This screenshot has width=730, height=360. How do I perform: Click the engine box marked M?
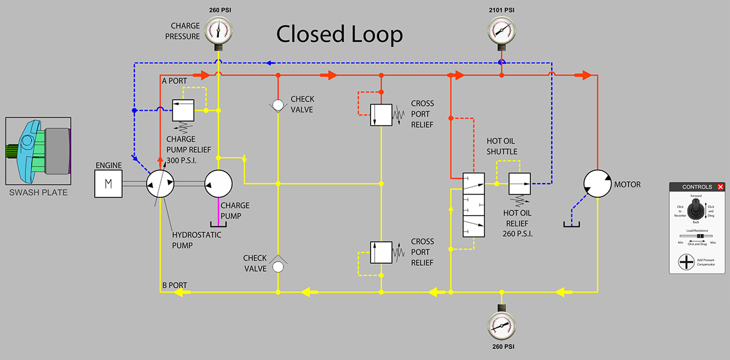tap(108, 184)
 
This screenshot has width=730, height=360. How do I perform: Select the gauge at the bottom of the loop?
tap(502, 327)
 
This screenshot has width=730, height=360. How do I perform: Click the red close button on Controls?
tap(720, 187)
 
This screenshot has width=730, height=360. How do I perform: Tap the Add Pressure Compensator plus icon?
tap(687, 263)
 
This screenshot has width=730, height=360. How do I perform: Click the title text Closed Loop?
tap(339, 35)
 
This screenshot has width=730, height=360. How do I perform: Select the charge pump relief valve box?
tap(183, 110)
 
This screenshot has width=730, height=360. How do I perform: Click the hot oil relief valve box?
tap(520, 184)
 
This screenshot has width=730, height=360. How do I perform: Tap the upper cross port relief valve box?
tap(381, 114)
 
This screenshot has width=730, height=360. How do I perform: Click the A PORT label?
tap(174, 80)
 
